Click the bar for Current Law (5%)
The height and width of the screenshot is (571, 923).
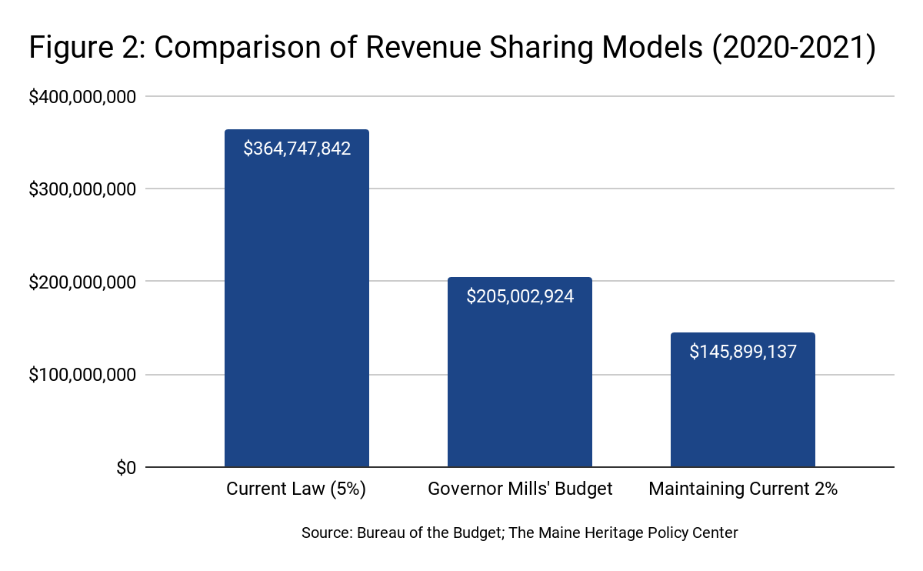click(296, 308)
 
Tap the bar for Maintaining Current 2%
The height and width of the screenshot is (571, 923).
click(742, 408)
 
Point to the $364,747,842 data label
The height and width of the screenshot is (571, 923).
click(297, 149)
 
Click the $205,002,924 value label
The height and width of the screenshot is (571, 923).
click(520, 296)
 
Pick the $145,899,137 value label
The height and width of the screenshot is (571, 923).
click(743, 352)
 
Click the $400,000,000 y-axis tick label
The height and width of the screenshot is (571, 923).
click(82, 97)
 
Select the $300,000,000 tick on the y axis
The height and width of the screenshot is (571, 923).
click(82, 189)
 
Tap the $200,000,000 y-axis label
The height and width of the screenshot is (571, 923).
click(82, 282)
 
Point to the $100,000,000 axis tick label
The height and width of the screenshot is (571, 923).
click(82, 376)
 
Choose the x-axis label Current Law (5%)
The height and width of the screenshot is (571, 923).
click(296, 489)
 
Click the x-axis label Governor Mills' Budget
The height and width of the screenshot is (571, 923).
click(520, 489)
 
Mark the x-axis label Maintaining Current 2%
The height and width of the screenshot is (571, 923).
click(743, 489)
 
